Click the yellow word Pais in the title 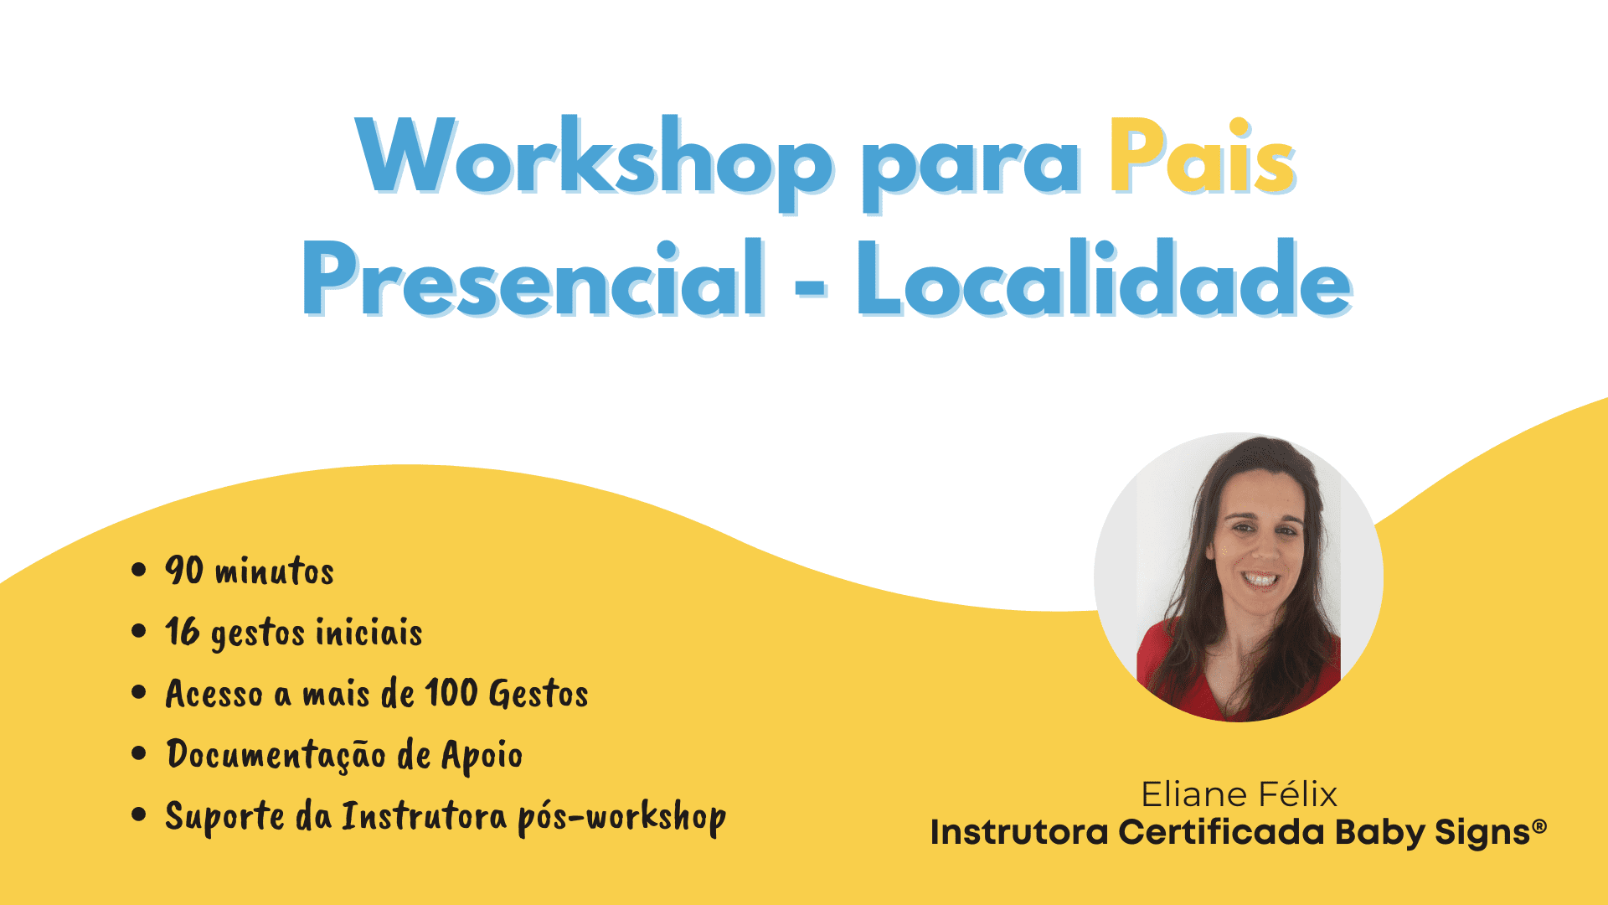tap(1203, 157)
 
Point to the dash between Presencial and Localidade tap(811, 288)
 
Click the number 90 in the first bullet tap(184, 570)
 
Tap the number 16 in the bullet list tap(183, 631)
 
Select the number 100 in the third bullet tap(451, 692)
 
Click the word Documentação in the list tap(276, 754)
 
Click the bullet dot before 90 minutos tap(139, 570)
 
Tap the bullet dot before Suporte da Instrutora tap(139, 814)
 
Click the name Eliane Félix tap(1239, 794)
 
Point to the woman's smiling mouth tap(1260, 579)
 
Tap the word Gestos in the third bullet tap(539, 693)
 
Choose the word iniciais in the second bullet tap(368, 632)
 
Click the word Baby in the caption tap(1379, 833)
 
